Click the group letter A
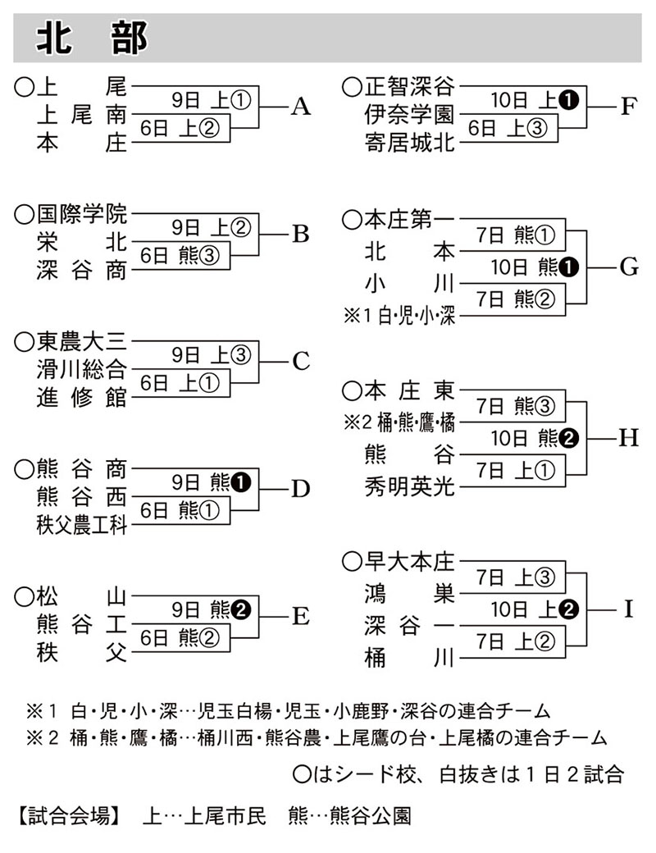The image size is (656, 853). (301, 107)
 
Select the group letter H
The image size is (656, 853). (628, 438)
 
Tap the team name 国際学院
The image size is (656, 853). (82, 216)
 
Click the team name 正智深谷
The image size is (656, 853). (409, 86)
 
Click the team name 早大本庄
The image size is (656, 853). (409, 562)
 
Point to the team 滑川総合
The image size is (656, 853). (82, 368)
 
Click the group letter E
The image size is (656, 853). (300, 616)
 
